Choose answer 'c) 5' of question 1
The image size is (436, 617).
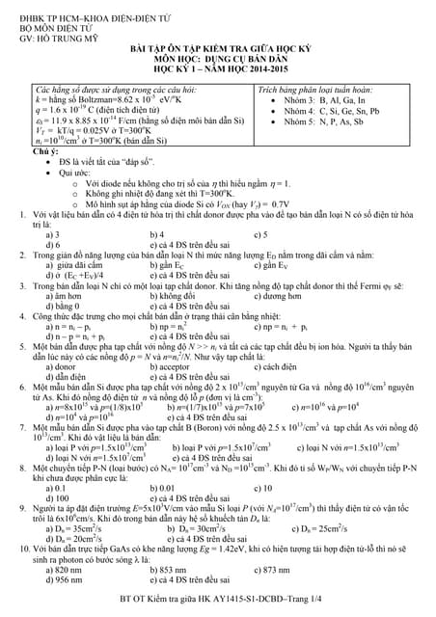259,234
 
